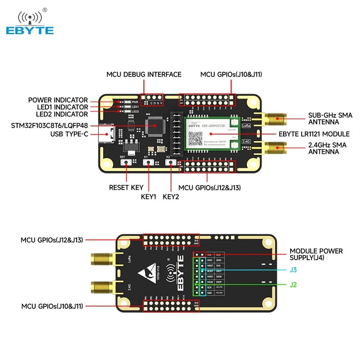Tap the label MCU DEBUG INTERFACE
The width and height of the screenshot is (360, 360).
coord(144,74)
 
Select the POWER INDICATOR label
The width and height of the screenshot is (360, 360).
coord(58,100)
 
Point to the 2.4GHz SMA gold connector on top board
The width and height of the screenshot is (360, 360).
coord(274,147)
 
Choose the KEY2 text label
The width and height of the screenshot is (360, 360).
coord(171,197)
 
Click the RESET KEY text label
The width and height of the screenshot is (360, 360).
coord(126,187)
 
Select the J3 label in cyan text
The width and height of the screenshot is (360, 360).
coord(293,270)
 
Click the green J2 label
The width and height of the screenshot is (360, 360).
coord(293,284)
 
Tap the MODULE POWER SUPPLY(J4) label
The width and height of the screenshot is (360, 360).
coord(316,254)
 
